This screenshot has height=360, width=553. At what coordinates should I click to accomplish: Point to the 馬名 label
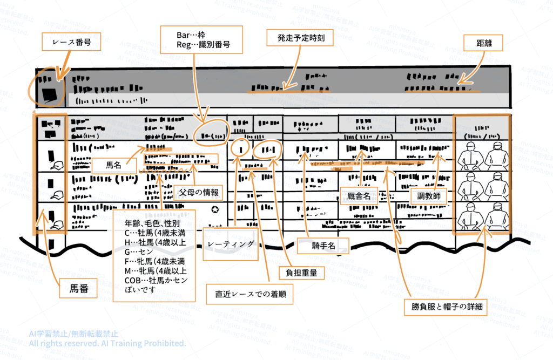point(114,165)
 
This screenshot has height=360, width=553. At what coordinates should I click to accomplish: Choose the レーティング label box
point(230,244)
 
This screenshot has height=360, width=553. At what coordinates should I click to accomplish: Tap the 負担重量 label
point(302,273)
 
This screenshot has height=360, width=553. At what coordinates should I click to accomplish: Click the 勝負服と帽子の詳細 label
point(446,307)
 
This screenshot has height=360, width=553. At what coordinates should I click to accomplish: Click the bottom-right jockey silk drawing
point(496,219)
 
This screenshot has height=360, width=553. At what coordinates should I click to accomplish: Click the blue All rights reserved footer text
point(108,343)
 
